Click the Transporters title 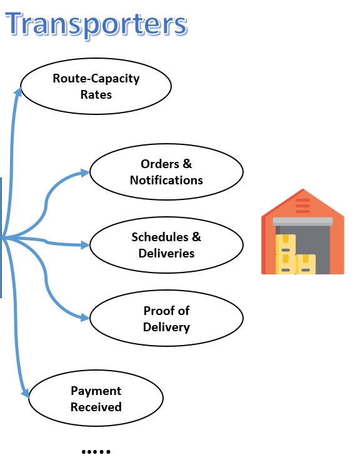pos(96,24)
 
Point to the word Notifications pos(166,180)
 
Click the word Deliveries pos(166,253)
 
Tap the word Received pos(96,407)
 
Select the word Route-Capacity pos(96,79)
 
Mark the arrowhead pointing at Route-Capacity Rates pos(18,92)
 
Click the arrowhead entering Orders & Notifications pos(85,172)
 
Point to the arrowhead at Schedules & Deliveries pos(85,245)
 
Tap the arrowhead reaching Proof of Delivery pos(85,317)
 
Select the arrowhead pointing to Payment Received pos(26,392)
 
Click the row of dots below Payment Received pos(96,451)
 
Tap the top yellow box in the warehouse pos(286,244)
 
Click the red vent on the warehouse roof pos(302,206)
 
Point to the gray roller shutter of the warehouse pos(302,221)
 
